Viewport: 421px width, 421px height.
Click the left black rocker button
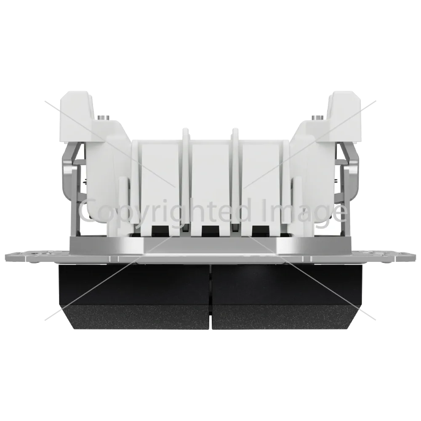134,297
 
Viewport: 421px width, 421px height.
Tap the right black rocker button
287,297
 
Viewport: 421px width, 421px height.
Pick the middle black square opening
210,230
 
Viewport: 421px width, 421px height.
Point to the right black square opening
261,230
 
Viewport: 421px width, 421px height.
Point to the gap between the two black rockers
211,297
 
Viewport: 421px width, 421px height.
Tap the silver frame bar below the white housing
210,244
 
